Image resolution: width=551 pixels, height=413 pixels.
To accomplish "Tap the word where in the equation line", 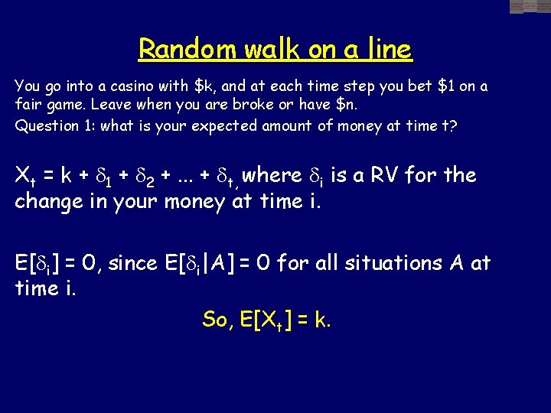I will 272,175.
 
